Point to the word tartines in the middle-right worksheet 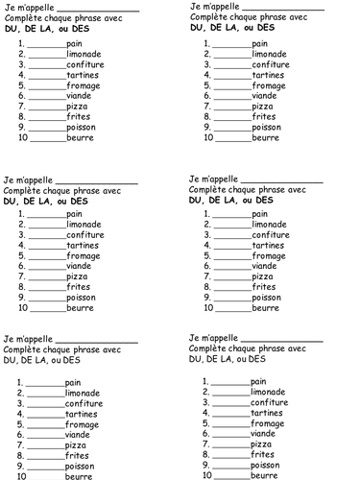(x=270, y=245)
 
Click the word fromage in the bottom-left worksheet (x=82, y=424)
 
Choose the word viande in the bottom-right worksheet (x=263, y=434)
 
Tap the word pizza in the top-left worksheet (x=77, y=106)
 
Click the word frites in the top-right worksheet (x=264, y=116)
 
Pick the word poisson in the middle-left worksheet (x=82, y=298)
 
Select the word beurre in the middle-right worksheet (x=265, y=308)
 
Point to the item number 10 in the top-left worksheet (x=22, y=137)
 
